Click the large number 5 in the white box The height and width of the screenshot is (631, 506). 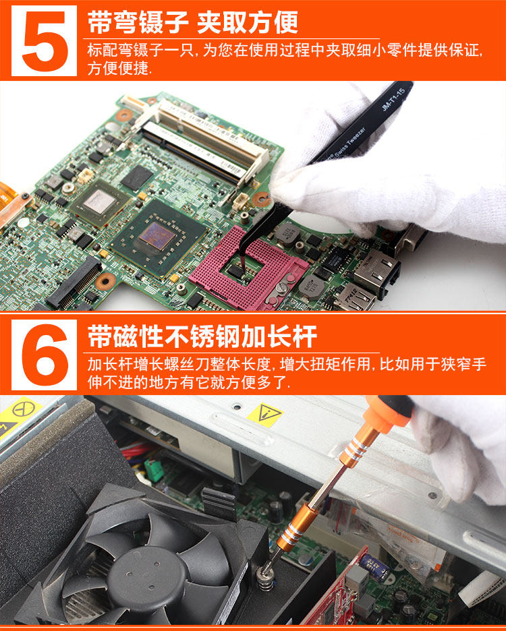click(x=45, y=41)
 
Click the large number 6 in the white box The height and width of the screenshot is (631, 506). click(x=45, y=355)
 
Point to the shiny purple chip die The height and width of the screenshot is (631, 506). click(x=157, y=236)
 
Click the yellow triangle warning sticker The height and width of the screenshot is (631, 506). click(x=265, y=414)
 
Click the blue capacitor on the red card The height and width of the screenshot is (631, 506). click(x=376, y=567)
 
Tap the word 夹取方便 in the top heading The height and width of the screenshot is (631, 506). click(x=247, y=22)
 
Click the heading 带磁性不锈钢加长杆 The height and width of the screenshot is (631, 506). click(x=202, y=336)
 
